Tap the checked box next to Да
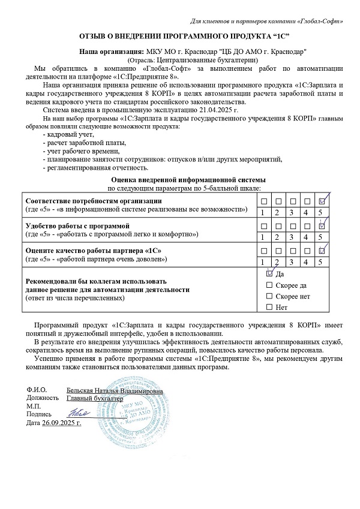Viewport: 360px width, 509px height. click(269, 273)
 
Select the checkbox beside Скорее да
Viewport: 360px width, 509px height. click(269, 285)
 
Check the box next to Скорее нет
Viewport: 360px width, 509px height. click(269, 296)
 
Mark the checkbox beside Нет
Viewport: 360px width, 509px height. click(269, 308)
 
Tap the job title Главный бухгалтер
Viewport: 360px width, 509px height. click(94, 397)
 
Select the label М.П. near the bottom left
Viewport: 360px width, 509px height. click(32, 405)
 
